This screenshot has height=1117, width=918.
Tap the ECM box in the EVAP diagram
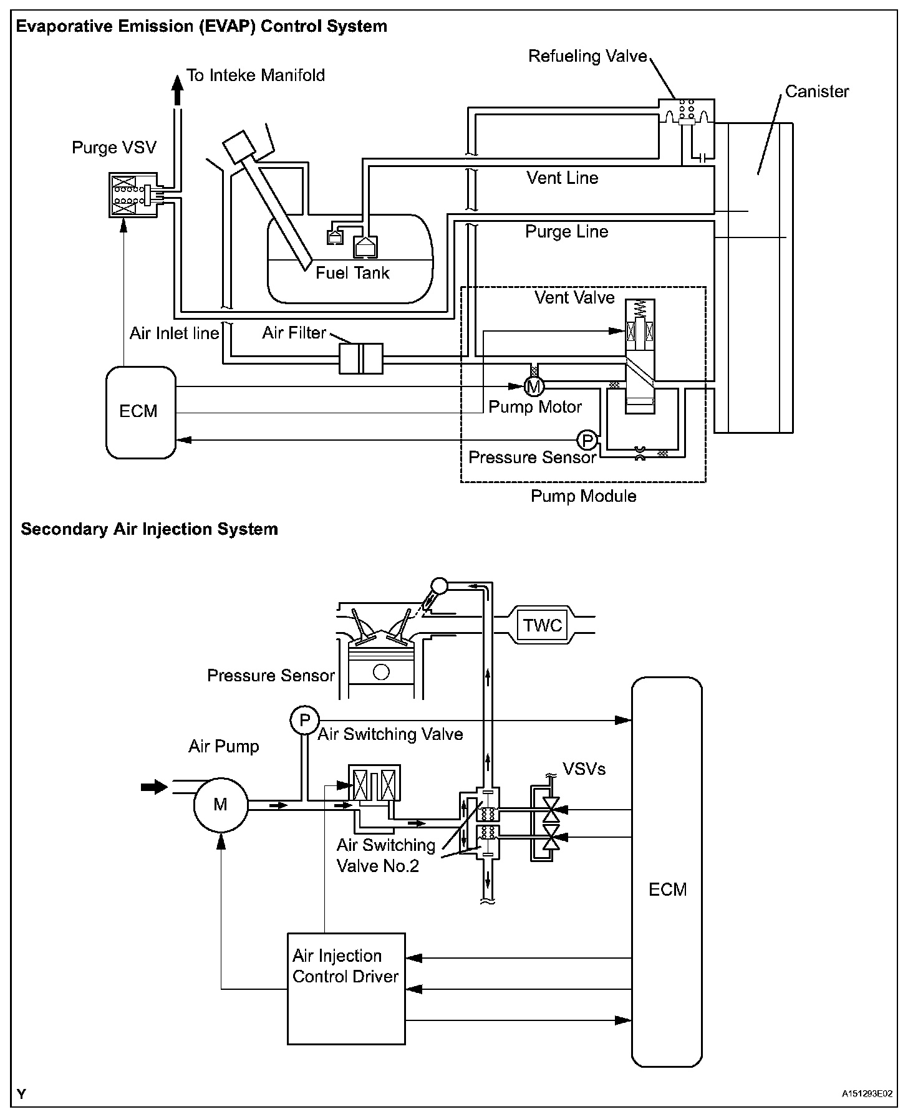140,412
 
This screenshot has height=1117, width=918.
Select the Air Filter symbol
360,358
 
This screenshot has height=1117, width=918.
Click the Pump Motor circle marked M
533,387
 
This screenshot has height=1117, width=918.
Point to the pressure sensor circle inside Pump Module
587,441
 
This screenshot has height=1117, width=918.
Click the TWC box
543,625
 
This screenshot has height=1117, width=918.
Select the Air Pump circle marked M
220,805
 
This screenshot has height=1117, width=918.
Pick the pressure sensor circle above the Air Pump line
304,721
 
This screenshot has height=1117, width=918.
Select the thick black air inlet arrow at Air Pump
154,787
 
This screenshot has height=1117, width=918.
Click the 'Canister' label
816,92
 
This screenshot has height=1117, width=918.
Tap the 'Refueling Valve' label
587,56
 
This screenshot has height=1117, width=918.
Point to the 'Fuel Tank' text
352,272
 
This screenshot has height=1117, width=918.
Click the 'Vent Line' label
562,178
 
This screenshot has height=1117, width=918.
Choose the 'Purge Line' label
566,232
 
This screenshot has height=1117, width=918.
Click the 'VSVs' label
584,769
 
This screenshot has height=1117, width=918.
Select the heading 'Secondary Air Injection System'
149,529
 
